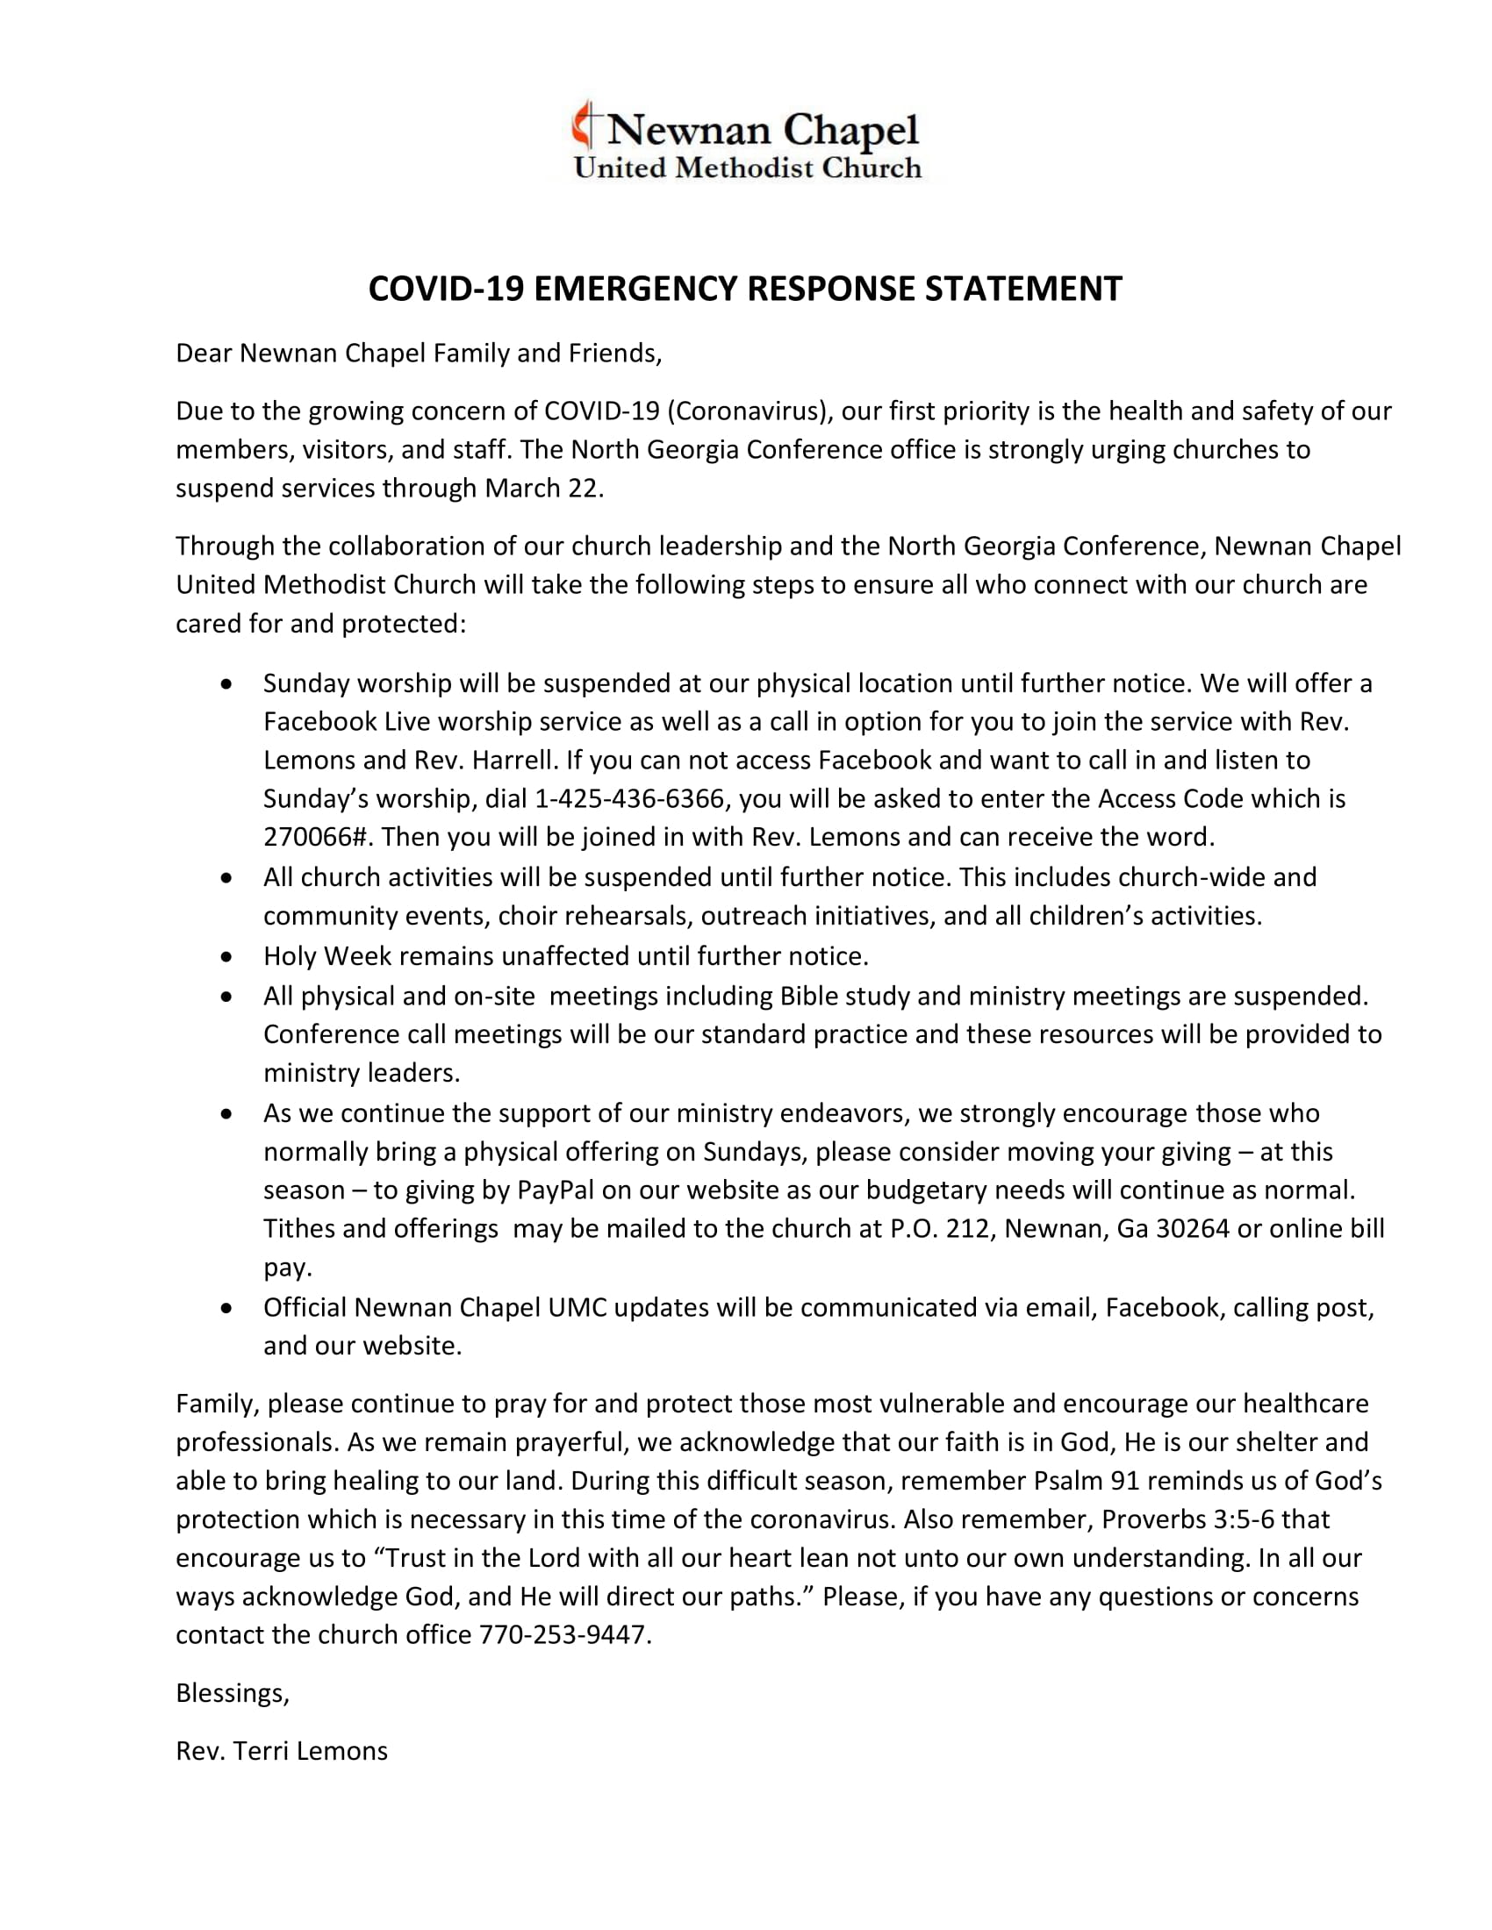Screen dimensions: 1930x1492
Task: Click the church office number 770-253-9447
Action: click(563, 1635)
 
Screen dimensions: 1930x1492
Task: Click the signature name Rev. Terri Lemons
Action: click(282, 1752)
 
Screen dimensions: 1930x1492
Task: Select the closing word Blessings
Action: click(231, 1692)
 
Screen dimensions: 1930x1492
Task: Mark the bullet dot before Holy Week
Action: click(228, 956)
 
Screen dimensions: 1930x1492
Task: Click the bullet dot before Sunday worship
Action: click(228, 684)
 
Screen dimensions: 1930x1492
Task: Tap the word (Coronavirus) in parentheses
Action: click(750, 411)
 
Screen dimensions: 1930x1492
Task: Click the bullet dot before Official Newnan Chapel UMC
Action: click(228, 1308)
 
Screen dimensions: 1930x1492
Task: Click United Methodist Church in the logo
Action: click(748, 168)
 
